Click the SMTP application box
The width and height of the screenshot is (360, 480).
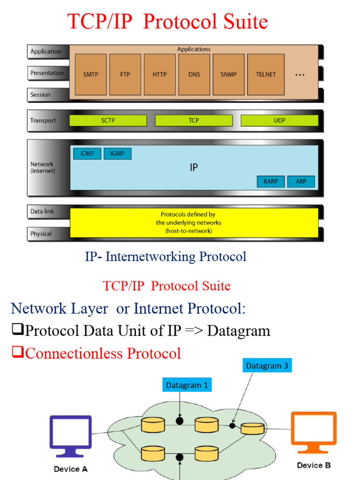click(90, 75)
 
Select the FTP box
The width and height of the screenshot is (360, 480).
click(125, 75)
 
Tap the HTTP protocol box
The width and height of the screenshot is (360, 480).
click(159, 75)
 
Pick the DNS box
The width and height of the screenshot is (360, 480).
click(194, 75)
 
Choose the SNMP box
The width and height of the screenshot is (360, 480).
click(228, 75)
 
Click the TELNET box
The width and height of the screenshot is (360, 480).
click(266, 75)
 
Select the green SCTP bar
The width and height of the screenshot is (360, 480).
click(108, 120)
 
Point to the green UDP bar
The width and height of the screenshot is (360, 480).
click(279, 120)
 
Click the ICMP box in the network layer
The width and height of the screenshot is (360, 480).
click(87, 154)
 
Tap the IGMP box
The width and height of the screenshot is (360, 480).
click(118, 154)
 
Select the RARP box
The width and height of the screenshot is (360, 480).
click(270, 181)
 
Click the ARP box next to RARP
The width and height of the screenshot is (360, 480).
click(301, 181)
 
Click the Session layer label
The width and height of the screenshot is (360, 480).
click(41, 95)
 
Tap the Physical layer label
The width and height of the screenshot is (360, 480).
click(41, 233)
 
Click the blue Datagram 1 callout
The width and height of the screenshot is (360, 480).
click(187, 385)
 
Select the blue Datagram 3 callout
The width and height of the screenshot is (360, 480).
click(267, 366)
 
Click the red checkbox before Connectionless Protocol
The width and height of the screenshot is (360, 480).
click(17, 352)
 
